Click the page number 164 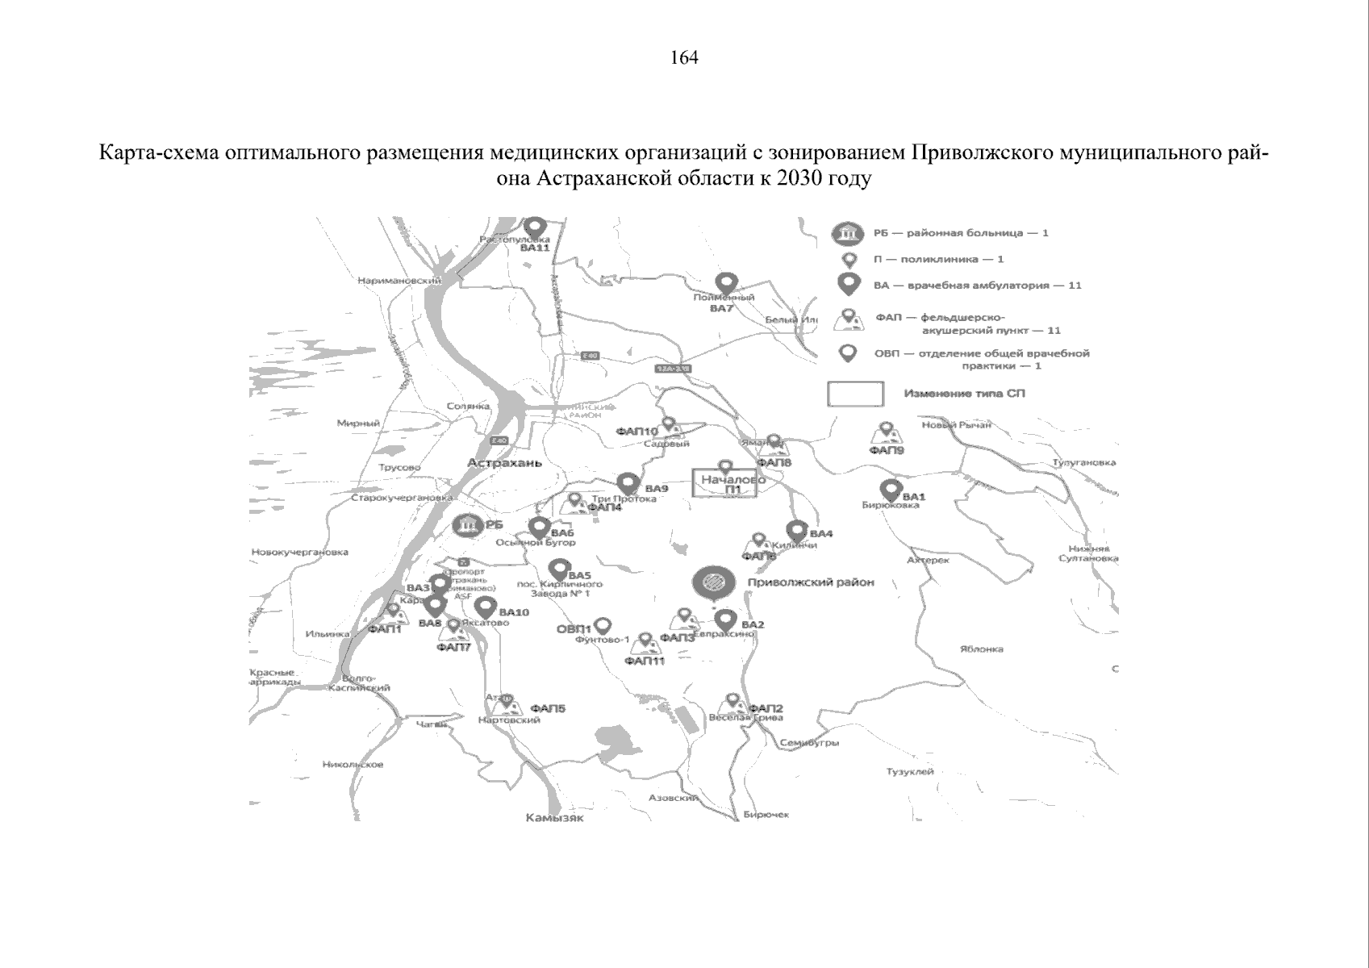click(684, 58)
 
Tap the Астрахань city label click(504, 463)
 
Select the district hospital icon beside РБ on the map click(466, 527)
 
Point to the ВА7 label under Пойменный click(721, 308)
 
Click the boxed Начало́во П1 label click(726, 484)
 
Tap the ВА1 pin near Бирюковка click(891, 490)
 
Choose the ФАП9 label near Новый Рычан click(887, 450)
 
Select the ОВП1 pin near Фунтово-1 click(602, 625)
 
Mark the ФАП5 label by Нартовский click(548, 709)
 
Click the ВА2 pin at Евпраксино click(726, 620)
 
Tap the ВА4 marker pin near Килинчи click(796, 531)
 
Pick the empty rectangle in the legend click(855, 394)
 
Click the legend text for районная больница click(960, 233)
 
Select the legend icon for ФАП click(847, 320)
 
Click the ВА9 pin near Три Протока click(628, 483)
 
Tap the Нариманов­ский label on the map click(399, 281)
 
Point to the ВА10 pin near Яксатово click(484, 607)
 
